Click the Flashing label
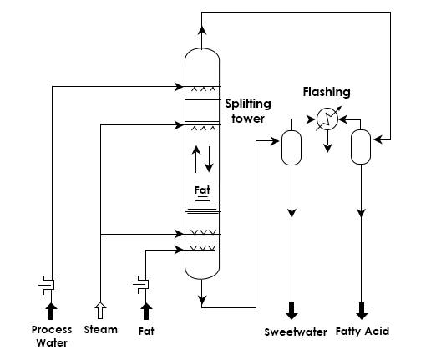tap(327, 92)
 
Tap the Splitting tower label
tap(248, 111)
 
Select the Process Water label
tap(52, 336)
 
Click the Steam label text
tap(101, 330)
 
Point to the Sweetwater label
tap(296, 332)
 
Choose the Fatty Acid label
tap(363, 332)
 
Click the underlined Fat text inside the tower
tap(202, 190)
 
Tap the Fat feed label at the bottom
tap(146, 332)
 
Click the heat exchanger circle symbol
tap(327, 119)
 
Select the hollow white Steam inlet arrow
tap(100, 310)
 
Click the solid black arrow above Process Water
tap(51, 311)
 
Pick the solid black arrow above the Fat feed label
tap(146, 311)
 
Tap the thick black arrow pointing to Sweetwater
tap(292, 311)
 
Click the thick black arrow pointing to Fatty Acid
tap(362, 311)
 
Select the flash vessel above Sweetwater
tap(292, 148)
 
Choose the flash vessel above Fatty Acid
tap(361, 147)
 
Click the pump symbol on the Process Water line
tap(48, 285)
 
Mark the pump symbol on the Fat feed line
tap(142, 285)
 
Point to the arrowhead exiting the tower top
tap(202, 30)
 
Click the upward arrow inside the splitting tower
tap(196, 159)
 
